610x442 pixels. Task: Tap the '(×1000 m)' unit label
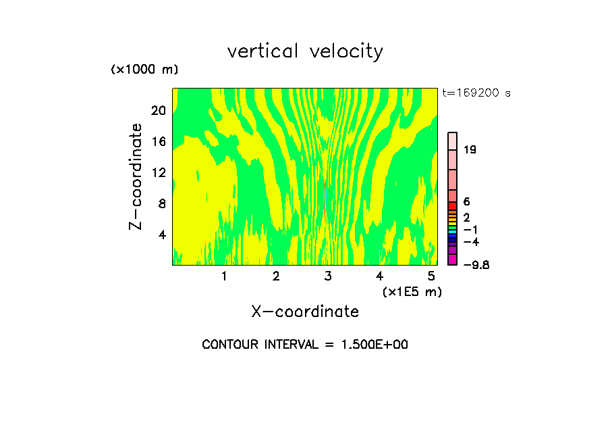144,70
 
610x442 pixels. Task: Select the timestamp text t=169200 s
476,93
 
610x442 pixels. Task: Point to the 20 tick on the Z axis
158,110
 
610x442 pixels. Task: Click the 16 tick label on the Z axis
158,141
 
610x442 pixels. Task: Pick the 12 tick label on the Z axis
158,172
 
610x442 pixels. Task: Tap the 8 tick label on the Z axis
161,203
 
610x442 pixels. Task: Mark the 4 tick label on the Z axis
161,235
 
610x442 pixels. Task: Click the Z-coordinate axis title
136,176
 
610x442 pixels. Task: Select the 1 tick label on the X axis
224,276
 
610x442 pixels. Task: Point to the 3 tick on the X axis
328,276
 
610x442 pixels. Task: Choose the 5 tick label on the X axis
431,276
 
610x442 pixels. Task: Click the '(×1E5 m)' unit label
412,291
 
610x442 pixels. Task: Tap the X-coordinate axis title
305,312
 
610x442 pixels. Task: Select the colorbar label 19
470,149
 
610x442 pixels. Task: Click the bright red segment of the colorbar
453,206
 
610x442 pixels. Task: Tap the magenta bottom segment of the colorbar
453,260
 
